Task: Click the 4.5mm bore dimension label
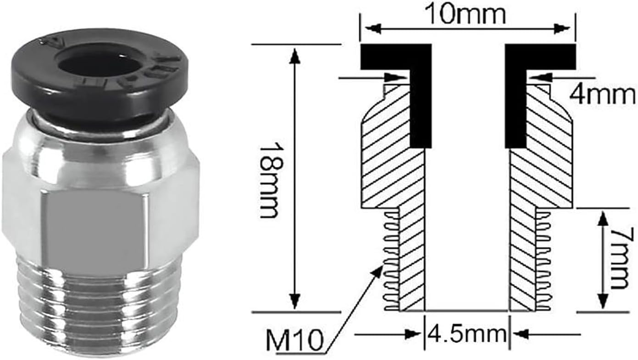466,335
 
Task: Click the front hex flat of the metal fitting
97,234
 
